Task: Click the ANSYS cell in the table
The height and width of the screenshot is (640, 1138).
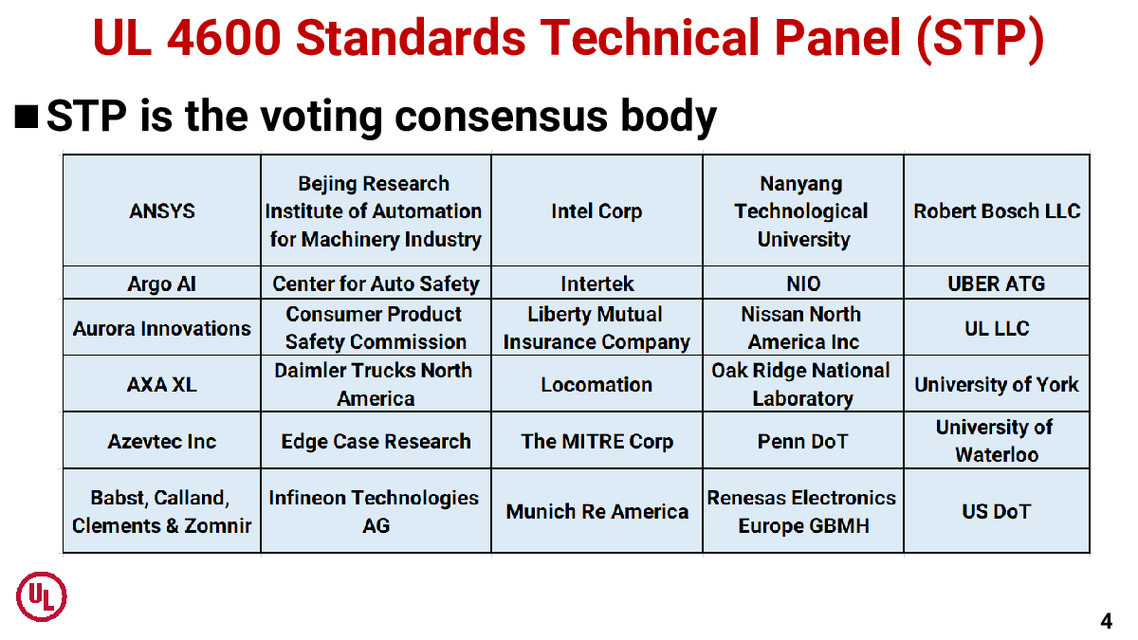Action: click(x=161, y=210)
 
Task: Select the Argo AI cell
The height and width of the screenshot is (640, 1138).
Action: click(x=161, y=283)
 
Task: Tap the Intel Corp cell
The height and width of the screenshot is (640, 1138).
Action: click(x=597, y=210)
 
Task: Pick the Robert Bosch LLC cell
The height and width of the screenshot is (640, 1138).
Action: click(x=997, y=210)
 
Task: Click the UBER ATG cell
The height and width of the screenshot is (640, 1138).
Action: click(x=997, y=283)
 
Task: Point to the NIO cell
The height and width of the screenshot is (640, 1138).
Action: click(x=803, y=283)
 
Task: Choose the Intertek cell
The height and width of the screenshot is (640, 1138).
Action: click(x=597, y=283)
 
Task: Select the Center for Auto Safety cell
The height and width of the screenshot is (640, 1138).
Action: click(x=376, y=283)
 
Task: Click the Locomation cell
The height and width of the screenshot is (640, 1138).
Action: click(x=597, y=384)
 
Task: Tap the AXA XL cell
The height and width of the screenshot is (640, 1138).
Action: click(x=161, y=384)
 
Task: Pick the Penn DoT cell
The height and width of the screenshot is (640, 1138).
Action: click(x=803, y=441)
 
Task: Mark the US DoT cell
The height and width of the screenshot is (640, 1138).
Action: click(x=997, y=511)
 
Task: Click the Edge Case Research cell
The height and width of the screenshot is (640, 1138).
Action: click(x=376, y=441)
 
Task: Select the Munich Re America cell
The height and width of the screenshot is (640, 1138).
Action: click(x=597, y=511)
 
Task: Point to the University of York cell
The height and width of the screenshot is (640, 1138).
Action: click(x=997, y=384)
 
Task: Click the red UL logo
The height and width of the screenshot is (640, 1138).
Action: click(x=42, y=596)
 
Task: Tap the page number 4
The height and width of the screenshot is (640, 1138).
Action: click(x=1106, y=621)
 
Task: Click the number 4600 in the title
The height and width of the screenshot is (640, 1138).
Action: click(x=224, y=38)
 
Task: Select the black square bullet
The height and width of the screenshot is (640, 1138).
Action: click(x=27, y=117)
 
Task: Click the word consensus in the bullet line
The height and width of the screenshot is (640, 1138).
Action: click(x=501, y=117)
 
